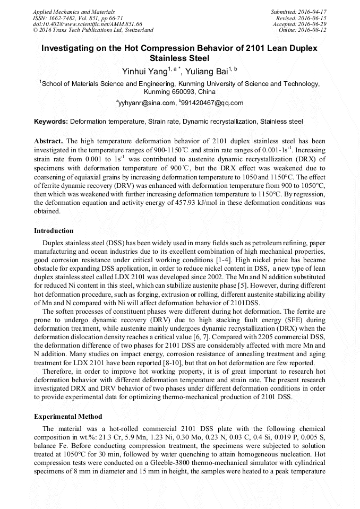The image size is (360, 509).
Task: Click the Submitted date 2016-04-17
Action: (x=313, y=11)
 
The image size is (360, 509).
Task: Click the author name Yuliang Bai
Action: (x=209, y=71)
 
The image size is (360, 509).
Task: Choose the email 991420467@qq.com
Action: (x=213, y=103)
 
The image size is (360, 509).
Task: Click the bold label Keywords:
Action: (x=51, y=122)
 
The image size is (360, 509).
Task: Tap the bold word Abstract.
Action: (x=48, y=142)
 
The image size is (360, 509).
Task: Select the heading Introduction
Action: (x=54, y=231)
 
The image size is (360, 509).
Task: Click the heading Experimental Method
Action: (x=68, y=417)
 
